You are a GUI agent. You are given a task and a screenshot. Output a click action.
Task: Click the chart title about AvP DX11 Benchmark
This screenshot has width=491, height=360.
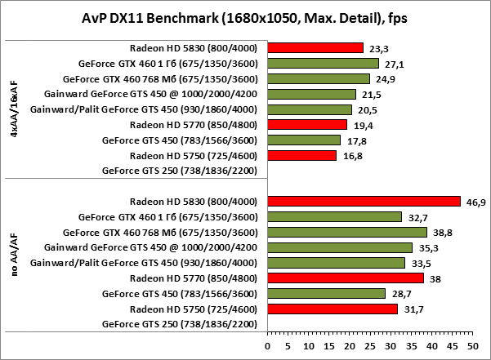click(244, 17)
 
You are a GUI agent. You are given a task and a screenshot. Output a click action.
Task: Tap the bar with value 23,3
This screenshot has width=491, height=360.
click(315, 47)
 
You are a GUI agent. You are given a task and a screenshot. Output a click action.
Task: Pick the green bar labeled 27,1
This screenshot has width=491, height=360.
click(323, 63)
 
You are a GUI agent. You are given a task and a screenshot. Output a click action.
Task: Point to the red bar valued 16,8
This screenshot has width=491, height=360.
click(301, 155)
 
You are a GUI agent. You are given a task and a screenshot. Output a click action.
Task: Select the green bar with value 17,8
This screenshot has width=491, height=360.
click(303, 140)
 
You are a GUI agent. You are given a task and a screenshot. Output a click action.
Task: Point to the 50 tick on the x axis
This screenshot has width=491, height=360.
click(471, 346)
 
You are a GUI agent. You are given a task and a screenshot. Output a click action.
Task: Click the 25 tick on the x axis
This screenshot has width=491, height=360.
click(369, 346)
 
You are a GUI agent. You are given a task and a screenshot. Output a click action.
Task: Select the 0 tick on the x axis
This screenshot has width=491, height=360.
click(267, 346)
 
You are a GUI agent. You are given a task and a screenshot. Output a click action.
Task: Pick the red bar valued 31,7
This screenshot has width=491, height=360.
click(332, 309)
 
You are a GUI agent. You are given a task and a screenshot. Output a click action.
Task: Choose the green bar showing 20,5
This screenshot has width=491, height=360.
click(309, 109)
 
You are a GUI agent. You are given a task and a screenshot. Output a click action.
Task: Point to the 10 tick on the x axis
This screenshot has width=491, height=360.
click(308, 346)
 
